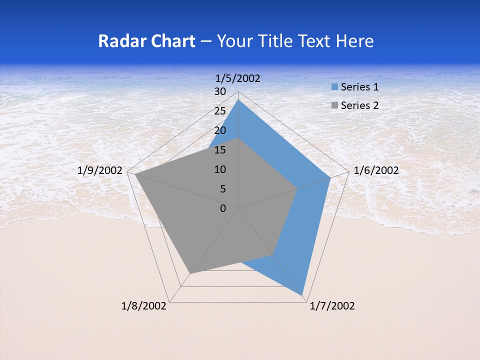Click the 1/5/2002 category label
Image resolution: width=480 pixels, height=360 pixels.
pyautogui.click(x=238, y=78)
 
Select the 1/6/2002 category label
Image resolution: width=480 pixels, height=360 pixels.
pyautogui.click(x=376, y=170)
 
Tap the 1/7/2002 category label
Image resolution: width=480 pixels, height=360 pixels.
pyautogui.click(x=332, y=306)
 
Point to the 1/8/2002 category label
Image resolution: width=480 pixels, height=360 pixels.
pyautogui.click(x=144, y=306)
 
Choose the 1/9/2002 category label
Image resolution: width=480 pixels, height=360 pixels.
pyautogui.click(x=100, y=170)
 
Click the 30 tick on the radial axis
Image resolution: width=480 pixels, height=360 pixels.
pyautogui.click(x=219, y=91)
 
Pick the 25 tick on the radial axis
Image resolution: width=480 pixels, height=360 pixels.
pyautogui.click(x=219, y=111)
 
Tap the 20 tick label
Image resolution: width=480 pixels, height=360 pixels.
pyautogui.click(x=219, y=130)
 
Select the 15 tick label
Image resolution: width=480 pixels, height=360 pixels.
pyautogui.click(x=219, y=150)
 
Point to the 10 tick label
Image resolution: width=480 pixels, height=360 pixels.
pyautogui.click(x=219, y=169)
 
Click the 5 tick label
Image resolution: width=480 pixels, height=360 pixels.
pyautogui.click(x=222, y=189)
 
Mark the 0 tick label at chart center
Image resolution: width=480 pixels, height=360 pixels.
pyautogui.click(x=222, y=208)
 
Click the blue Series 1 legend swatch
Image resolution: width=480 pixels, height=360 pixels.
pyautogui.click(x=334, y=87)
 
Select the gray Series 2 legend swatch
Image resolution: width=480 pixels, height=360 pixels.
pyautogui.click(x=334, y=105)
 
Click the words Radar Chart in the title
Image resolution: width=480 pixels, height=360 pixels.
pyautogui.click(x=146, y=41)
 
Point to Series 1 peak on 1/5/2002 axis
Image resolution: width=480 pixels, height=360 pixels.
pyautogui.click(x=238, y=100)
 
